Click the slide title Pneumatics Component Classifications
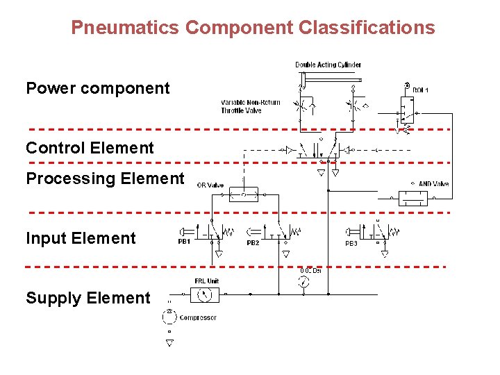coord(253,28)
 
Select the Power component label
coord(97,88)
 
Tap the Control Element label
coord(90,148)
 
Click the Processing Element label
coord(105,178)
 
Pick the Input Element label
coord(81,238)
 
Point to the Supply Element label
coord(87,298)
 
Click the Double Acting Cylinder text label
coord(328,65)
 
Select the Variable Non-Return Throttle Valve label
coord(251,106)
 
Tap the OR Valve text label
coord(210,185)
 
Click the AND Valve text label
coord(433,184)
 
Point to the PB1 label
coord(184,242)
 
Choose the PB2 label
coord(253,243)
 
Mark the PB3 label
coord(351,244)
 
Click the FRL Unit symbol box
coord(205,294)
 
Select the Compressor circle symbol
coord(169,316)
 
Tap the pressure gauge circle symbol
coord(303,282)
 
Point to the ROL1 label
coord(421,90)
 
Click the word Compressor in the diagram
coord(198,318)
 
